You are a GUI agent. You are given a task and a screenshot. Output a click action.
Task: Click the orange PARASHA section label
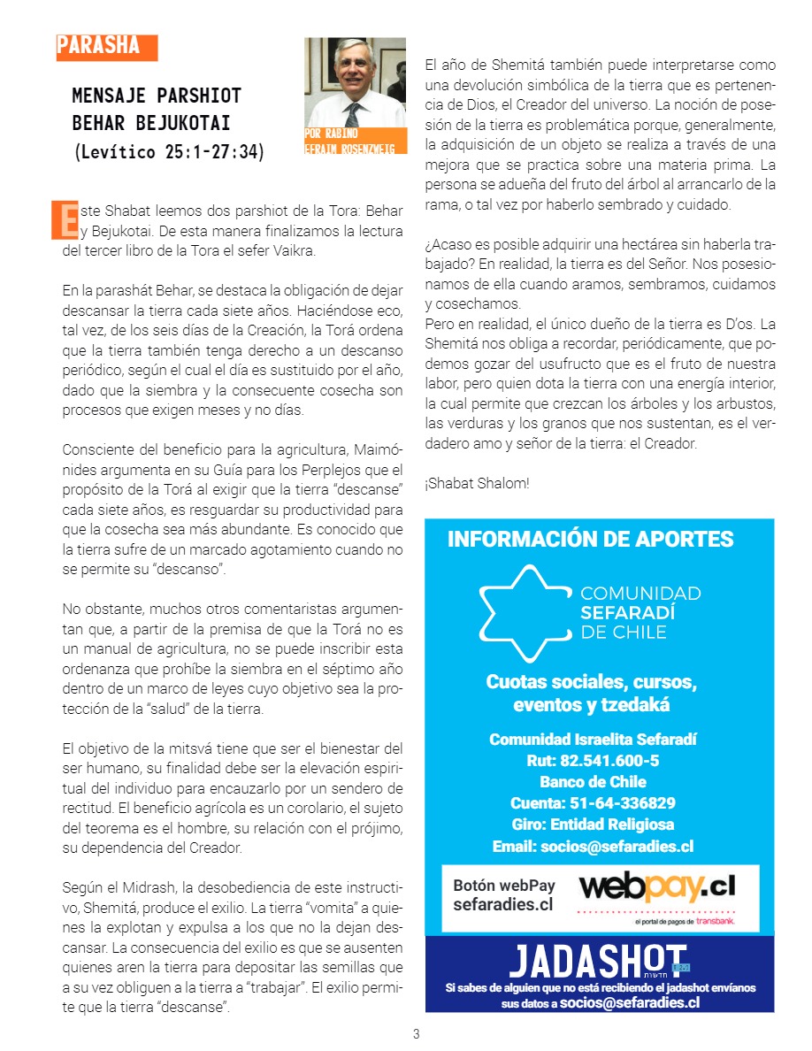coord(105,47)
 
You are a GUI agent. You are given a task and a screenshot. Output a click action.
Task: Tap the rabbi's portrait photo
coord(355,84)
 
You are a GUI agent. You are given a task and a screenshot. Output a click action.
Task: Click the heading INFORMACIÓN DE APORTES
coord(590,540)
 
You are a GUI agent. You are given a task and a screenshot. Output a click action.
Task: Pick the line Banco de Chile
coord(593,782)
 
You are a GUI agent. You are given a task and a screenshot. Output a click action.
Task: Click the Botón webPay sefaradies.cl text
coord(503,894)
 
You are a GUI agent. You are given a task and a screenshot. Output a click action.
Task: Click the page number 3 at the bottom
coord(416,1033)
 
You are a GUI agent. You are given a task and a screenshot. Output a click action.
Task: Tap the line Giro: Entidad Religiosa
coord(593,825)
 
